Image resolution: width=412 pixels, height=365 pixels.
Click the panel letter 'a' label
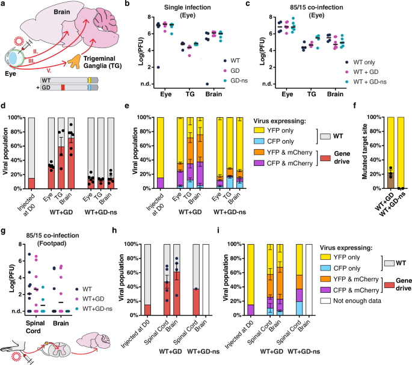tap(4, 5)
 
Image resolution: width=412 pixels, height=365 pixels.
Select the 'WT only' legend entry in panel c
tap(361, 62)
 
